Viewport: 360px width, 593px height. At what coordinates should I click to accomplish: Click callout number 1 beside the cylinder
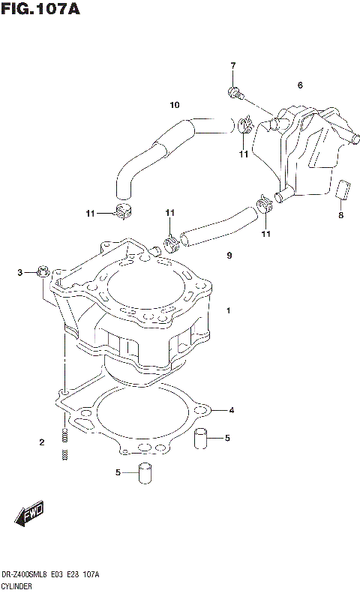click(229, 310)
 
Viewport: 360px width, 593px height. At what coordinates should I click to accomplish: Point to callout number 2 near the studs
click(42, 442)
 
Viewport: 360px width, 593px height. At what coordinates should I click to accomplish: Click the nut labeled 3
click(42, 271)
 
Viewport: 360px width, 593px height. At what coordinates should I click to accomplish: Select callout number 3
click(21, 272)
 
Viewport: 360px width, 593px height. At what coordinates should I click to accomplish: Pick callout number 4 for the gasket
click(232, 410)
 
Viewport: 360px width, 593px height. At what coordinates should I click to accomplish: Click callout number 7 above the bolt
click(232, 66)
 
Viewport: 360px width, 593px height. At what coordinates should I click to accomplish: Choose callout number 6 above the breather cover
click(300, 85)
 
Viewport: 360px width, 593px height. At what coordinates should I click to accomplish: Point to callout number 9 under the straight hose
click(229, 256)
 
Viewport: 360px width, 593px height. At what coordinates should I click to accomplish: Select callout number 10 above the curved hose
click(174, 105)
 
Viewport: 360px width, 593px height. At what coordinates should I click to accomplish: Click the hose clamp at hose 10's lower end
click(121, 211)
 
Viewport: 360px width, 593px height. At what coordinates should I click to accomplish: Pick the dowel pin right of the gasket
click(200, 438)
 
